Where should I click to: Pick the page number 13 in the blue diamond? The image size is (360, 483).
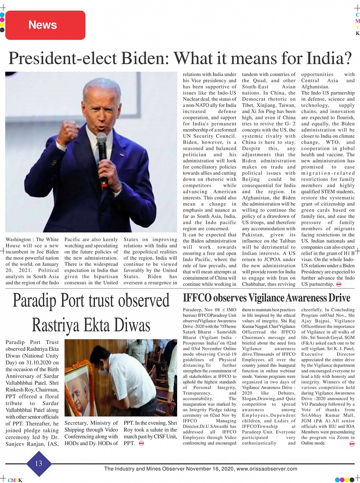pos(38,464)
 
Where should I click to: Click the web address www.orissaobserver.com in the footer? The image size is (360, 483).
pos(267,469)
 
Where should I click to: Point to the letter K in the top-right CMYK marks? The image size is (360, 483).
pos(357,34)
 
